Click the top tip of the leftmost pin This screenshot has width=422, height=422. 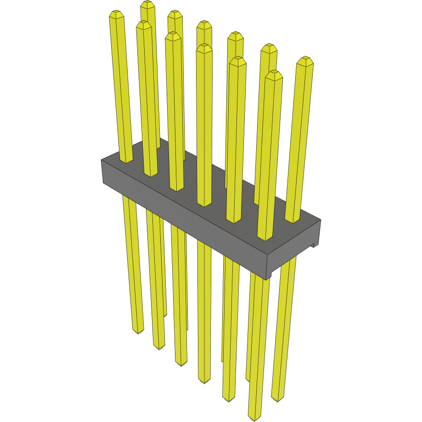click(117, 14)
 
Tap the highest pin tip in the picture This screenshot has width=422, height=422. click(147, 4)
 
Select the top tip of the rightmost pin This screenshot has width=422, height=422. click(305, 60)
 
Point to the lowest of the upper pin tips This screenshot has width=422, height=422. click(274, 74)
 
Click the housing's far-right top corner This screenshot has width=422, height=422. click(320, 220)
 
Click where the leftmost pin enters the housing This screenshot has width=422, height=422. click(126, 161)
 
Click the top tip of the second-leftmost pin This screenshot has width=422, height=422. click(144, 24)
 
